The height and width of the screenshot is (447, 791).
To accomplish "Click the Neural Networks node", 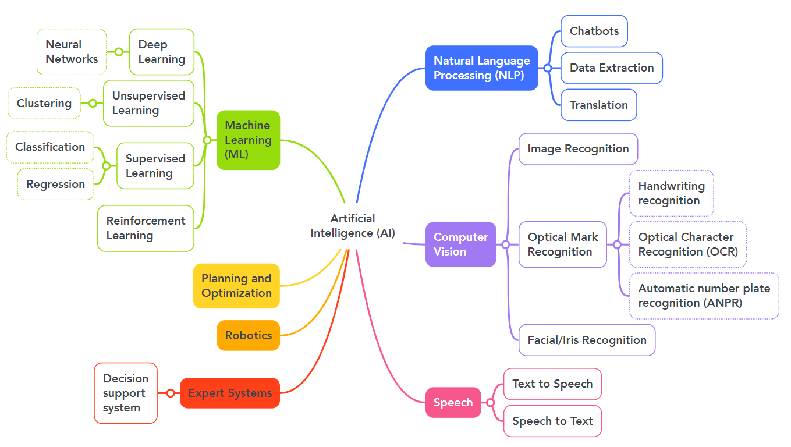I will pyautogui.click(x=72, y=52).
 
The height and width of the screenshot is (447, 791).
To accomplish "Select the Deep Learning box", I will pyautogui.click(x=161, y=52).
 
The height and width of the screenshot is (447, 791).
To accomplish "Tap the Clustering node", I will pyautogui.click(x=44, y=103).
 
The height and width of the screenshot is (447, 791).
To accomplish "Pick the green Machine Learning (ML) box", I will pyautogui.click(x=248, y=140).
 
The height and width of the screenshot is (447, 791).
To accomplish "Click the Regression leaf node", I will pyautogui.click(x=55, y=184).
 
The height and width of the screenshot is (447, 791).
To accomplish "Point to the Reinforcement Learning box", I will pyautogui.click(x=146, y=228).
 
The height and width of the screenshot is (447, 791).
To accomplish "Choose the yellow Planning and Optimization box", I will pyautogui.click(x=236, y=286).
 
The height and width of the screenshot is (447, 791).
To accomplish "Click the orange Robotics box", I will pyautogui.click(x=249, y=335).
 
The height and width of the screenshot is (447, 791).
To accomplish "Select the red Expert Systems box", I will pyautogui.click(x=230, y=393).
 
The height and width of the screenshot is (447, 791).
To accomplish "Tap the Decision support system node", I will pyautogui.click(x=126, y=393).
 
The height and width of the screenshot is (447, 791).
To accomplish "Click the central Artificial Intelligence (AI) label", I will pyautogui.click(x=353, y=226).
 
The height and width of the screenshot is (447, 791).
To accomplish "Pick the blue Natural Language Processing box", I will pyautogui.click(x=481, y=68).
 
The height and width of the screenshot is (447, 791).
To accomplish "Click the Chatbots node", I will pyautogui.click(x=594, y=31).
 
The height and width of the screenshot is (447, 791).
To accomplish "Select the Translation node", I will pyautogui.click(x=599, y=105).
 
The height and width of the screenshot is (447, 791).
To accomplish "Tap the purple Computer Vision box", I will pyautogui.click(x=460, y=244).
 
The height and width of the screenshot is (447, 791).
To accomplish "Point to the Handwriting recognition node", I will pyautogui.click(x=671, y=193).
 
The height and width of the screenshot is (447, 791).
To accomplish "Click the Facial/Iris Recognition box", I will pyautogui.click(x=587, y=340).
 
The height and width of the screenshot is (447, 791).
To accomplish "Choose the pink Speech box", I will pyautogui.click(x=453, y=402).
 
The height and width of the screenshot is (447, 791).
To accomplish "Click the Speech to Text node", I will pyautogui.click(x=552, y=421).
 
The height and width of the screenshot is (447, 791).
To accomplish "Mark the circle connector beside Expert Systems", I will pyautogui.click(x=171, y=393).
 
